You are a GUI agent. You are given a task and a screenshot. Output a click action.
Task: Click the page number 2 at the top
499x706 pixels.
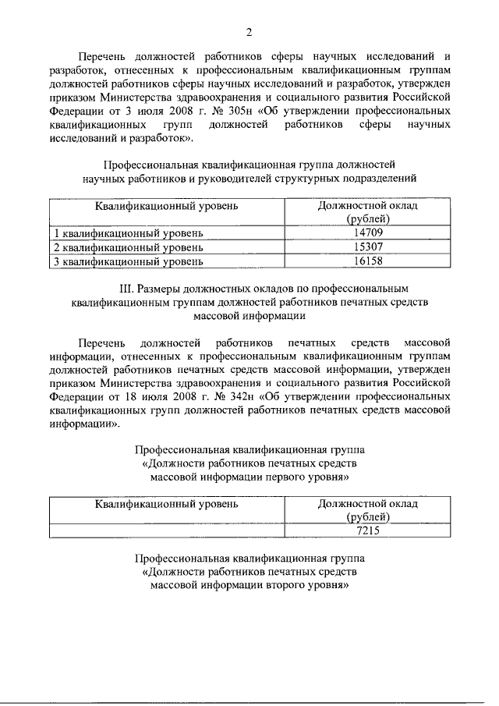[x=249, y=31]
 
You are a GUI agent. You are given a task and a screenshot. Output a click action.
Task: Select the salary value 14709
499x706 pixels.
[x=367, y=233]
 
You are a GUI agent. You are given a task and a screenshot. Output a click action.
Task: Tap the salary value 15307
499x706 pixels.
[x=367, y=247]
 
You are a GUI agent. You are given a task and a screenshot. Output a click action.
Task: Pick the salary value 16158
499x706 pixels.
[x=367, y=261]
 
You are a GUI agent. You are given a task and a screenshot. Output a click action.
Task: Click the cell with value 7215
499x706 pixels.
[x=367, y=530]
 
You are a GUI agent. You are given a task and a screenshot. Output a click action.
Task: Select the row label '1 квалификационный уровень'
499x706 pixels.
[x=128, y=233]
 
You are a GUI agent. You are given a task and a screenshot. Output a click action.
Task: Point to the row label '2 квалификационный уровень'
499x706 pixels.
[x=128, y=247]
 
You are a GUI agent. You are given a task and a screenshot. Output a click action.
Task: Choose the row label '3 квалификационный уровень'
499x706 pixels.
[x=128, y=261]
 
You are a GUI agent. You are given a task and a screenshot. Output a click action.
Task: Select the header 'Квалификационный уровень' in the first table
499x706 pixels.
[x=167, y=206]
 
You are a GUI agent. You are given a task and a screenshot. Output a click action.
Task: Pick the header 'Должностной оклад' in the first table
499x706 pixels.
[x=367, y=206]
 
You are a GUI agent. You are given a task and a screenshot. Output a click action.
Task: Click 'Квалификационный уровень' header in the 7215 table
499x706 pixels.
[x=167, y=504]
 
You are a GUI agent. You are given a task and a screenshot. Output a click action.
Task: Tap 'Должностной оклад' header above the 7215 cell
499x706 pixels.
[x=367, y=504]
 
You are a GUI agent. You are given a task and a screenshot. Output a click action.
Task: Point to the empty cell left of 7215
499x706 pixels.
[x=167, y=530]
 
